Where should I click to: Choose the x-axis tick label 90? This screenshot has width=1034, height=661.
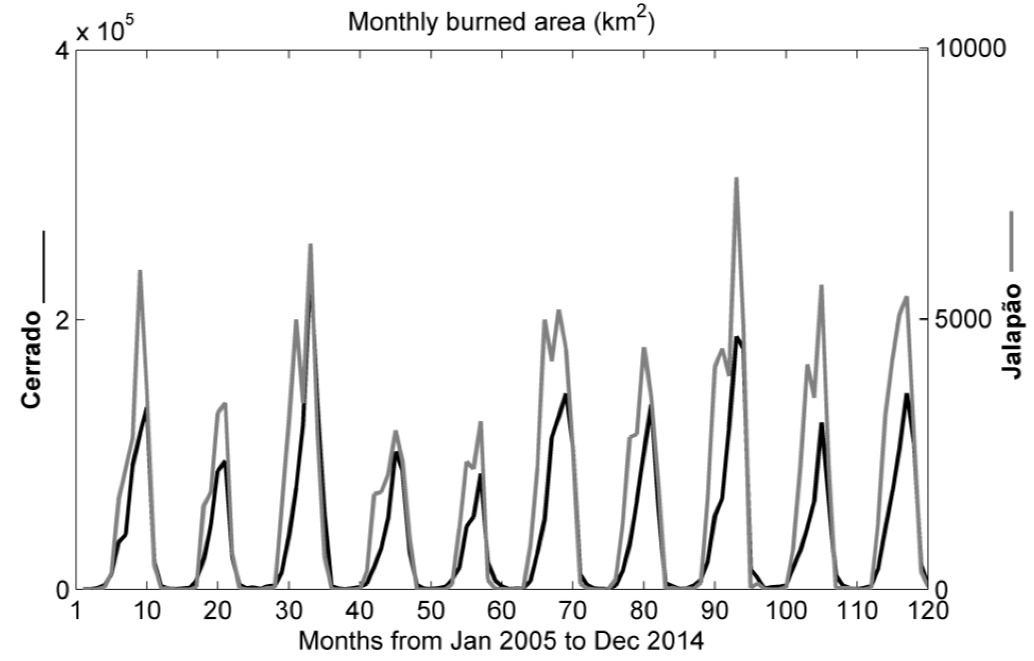coord(714,610)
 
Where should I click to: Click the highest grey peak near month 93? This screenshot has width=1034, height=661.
coord(736,180)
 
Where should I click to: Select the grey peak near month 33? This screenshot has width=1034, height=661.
coord(310,245)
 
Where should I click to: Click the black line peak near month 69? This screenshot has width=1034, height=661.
coord(565,395)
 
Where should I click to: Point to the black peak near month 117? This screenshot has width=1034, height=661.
coord(907,395)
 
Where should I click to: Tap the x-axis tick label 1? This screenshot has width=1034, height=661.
coord(76,610)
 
